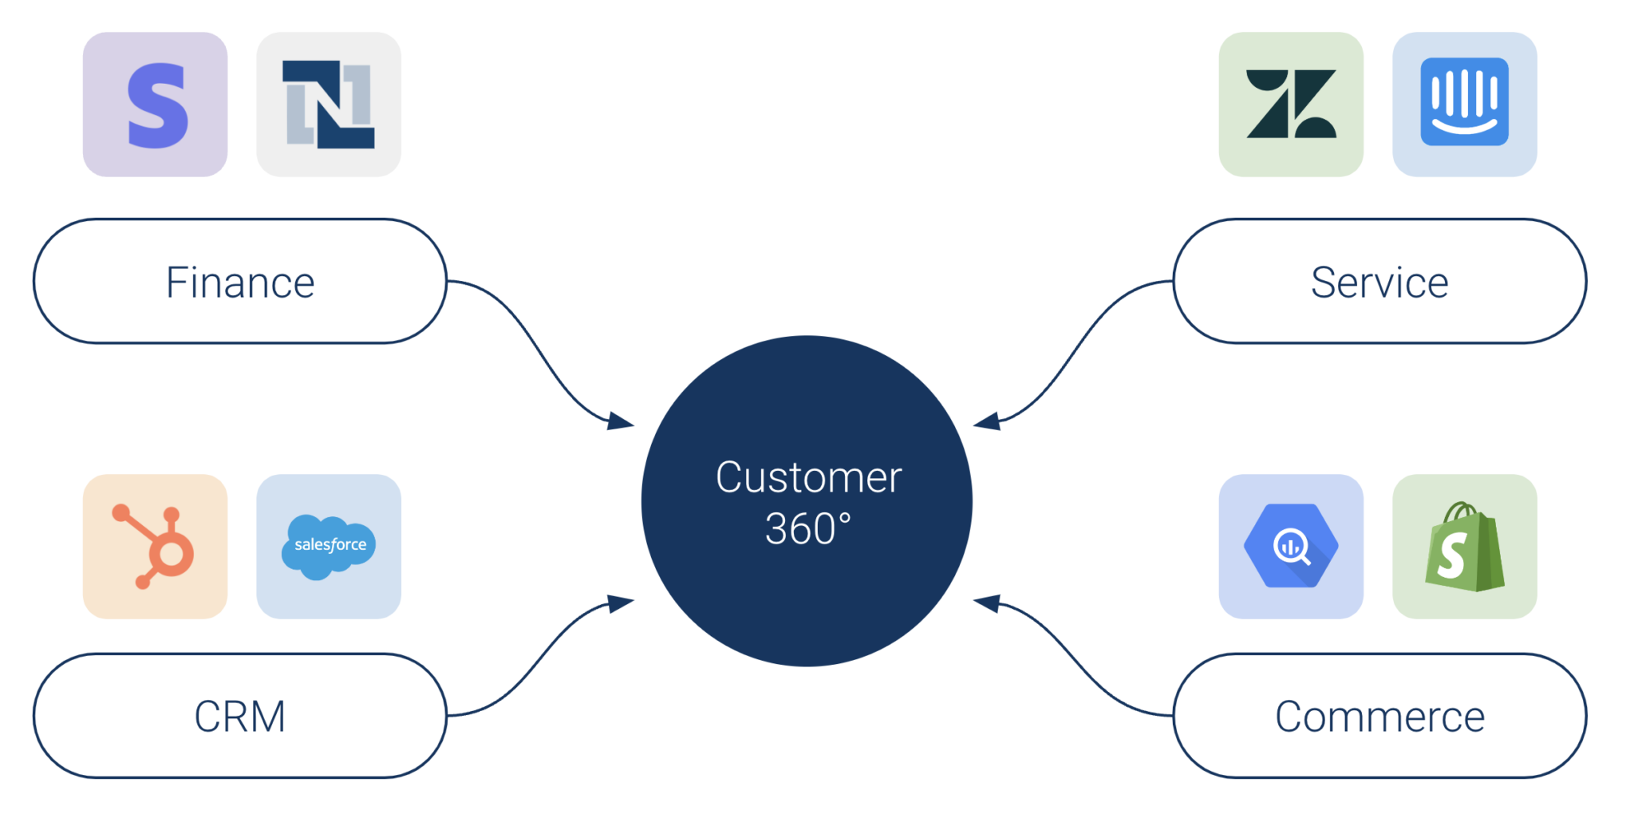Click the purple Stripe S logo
[157, 105]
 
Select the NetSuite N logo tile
[329, 105]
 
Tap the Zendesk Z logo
[1290, 105]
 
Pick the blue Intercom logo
[1464, 102]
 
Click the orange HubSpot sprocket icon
[156, 547]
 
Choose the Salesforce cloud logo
[329, 547]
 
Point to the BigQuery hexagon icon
[1290, 547]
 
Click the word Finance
[239, 283]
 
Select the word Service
[1379, 283]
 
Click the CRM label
[239, 717]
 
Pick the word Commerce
[1379, 717]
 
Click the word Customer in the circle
[807, 477]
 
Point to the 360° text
[807, 528]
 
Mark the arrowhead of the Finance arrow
[621, 421]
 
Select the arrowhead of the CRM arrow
[621, 603]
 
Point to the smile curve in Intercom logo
[1464, 127]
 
